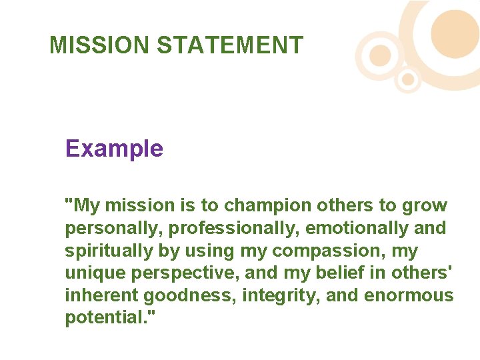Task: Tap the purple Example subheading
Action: coord(114,148)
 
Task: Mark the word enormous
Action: coord(409,296)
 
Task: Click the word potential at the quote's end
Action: coord(106,318)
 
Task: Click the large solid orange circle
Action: coord(455,33)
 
